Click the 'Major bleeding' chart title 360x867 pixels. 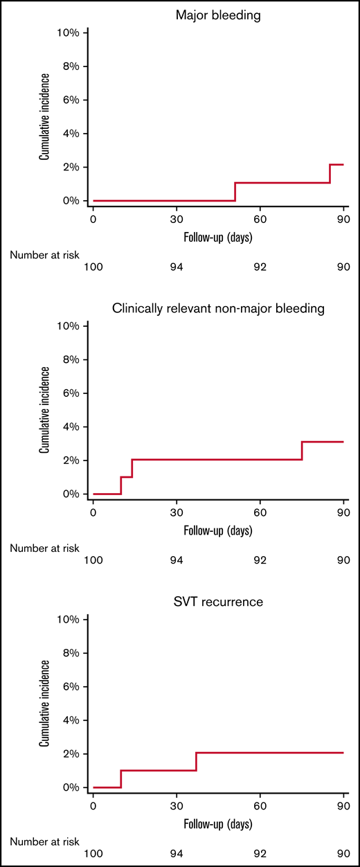tap(218, 13)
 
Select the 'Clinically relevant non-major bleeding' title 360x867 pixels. tap(218, 308)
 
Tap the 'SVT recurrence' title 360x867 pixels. tap(218, 602)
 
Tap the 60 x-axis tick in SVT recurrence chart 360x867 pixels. tap(260, 805)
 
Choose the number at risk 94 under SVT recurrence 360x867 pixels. tap(177, 853)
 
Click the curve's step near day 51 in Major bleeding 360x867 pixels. tap(235, 192)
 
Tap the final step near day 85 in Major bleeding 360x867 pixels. tap(330, 174)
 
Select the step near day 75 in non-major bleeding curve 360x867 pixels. tap(302, 451)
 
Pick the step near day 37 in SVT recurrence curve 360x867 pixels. tap(197, 761)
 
